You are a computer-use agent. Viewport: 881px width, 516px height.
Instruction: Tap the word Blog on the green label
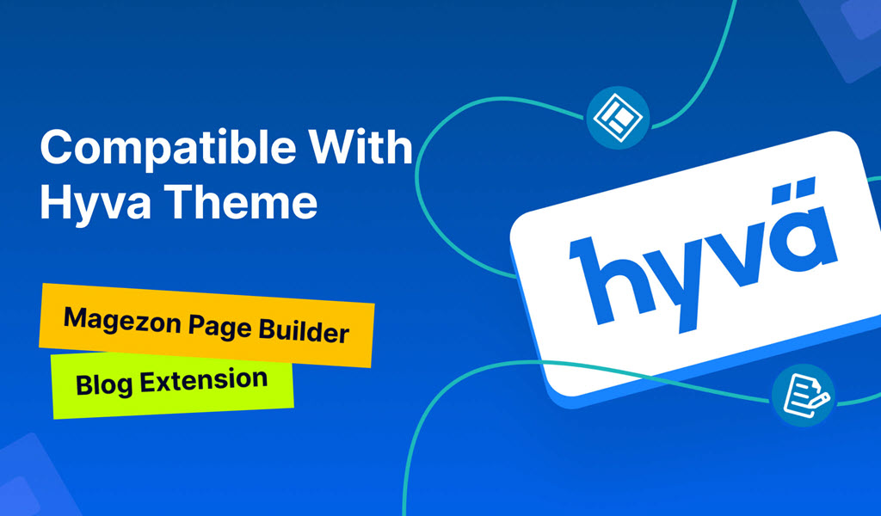(104, 385)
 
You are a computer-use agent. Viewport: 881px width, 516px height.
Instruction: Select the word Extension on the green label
(204, 381)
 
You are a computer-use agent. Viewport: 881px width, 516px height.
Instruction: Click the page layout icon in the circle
(618, 117)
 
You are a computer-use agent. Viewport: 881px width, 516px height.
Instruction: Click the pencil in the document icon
(816, 402)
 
